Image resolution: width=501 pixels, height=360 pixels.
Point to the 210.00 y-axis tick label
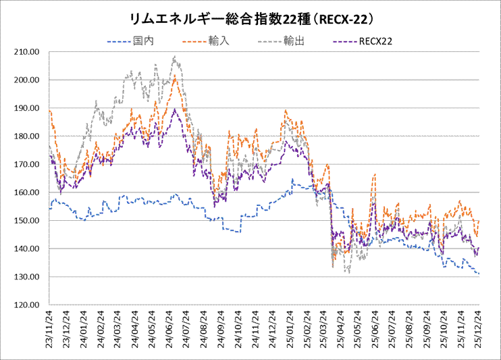30,51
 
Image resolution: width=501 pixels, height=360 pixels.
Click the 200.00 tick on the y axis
30,80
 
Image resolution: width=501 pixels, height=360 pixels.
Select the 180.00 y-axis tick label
30,136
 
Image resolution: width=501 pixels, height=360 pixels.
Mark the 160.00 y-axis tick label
30,192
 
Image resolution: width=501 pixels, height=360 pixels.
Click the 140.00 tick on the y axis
30,249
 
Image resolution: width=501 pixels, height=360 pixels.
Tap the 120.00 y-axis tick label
30,305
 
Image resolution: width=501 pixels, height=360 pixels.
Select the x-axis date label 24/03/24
117,329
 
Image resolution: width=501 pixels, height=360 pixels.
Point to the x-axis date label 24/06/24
169,329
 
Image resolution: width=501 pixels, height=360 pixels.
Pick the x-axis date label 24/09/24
221,329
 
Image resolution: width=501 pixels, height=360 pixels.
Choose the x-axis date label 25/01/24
289,329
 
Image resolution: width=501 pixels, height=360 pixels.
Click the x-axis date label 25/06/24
375,329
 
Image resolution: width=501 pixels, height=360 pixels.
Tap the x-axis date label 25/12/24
478,329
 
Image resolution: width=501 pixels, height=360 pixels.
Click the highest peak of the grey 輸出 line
175,57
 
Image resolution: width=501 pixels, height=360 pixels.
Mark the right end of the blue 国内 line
479,274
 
